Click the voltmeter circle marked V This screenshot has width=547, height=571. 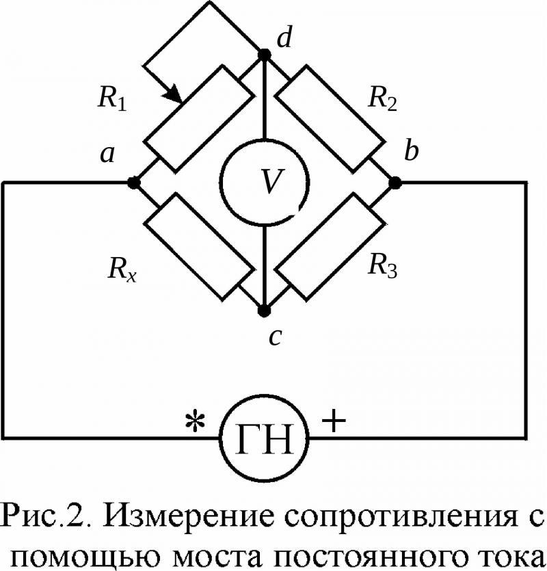point(220,181)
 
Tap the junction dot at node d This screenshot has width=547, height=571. point(265,55)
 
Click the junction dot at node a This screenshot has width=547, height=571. point(133,182)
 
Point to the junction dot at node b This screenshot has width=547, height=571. point(395,182)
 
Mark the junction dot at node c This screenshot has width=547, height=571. point(265,310)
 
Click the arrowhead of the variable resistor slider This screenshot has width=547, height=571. point(174,96)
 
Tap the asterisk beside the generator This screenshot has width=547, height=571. point(195,423)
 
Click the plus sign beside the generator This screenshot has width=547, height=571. point(333,421)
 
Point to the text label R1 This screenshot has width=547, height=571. point(113,98)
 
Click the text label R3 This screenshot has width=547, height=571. point(383,265)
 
